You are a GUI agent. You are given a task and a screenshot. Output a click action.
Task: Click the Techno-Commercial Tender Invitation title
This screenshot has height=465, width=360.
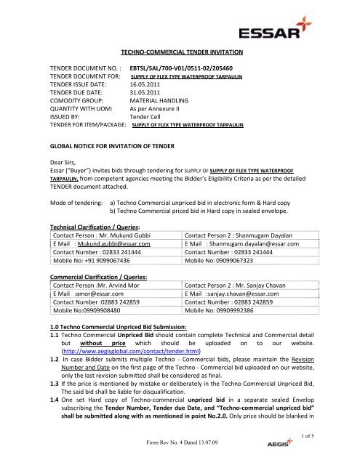pos(178,52)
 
